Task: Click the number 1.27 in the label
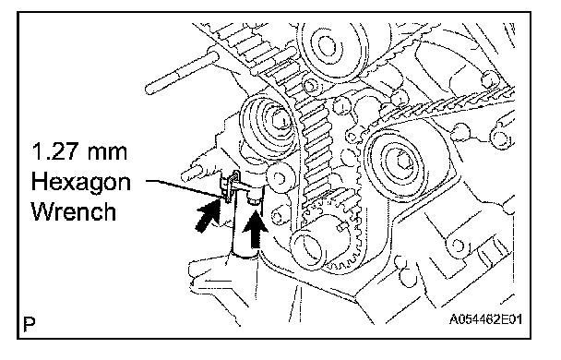(x=54, y=151)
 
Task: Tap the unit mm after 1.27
(x=106, y=153)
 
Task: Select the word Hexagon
(x=80, y=184)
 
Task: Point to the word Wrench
(x=74, y=212)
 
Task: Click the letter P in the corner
(x=30, y=324)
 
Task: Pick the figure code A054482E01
(x=485, y=318)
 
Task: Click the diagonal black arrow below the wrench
(x=208, y=215)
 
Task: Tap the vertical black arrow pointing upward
(x=255, y=229)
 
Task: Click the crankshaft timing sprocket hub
(x=308, y=248)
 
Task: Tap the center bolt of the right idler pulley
(x=403, y=162)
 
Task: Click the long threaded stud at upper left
(x=182, y=73)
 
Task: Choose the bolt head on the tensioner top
(x=254, y=198)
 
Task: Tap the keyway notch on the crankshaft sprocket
(x=342, y=227)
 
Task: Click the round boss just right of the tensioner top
(x=280, y=178)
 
